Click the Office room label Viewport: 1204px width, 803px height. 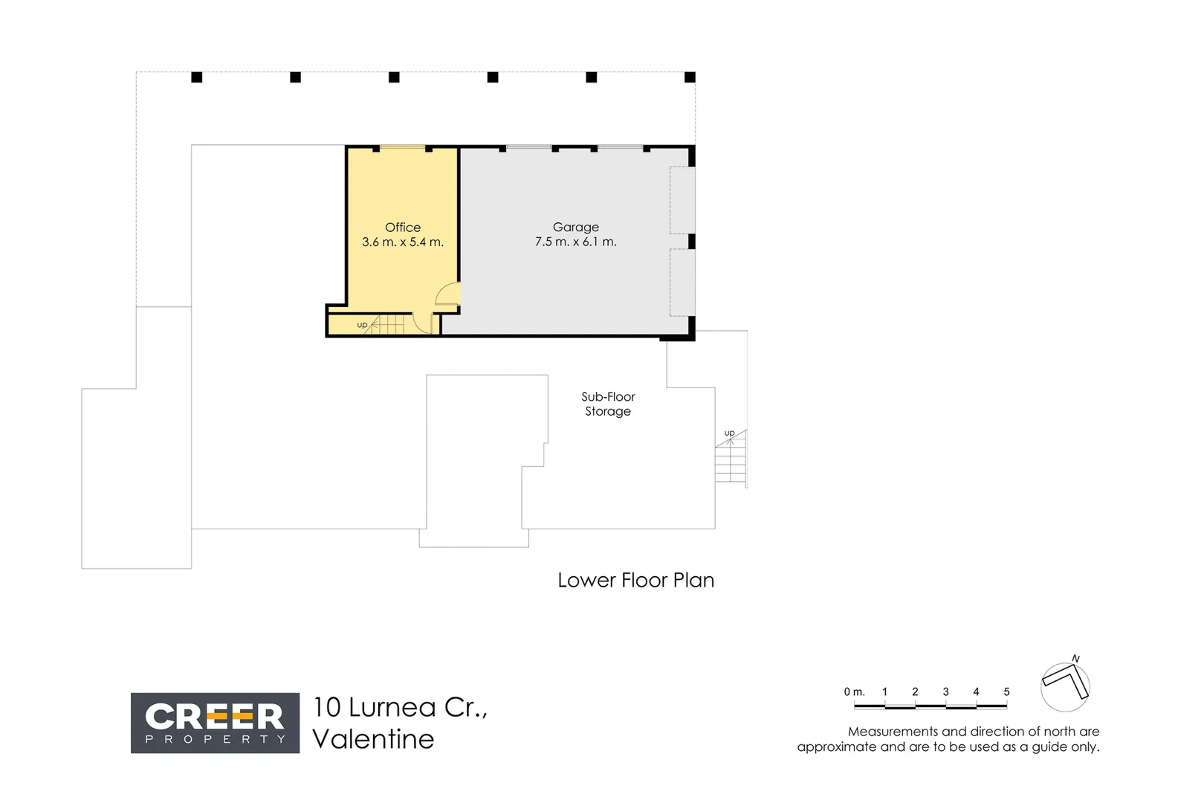tap(402, 228)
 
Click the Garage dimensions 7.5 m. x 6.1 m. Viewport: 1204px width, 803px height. tap(575, 242)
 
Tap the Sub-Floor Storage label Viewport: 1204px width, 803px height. tap(608, 404)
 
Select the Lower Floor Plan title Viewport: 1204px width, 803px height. tap(635, 580)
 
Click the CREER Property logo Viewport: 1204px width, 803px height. tap(215, 723)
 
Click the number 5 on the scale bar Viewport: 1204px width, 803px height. tap(1006, 691)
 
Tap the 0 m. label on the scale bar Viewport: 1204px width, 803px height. tap(854, 691)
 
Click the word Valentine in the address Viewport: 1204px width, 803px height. tap(373, 739)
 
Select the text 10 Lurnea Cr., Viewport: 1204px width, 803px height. tap(400, 707)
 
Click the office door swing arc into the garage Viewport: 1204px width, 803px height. tap(447, 295)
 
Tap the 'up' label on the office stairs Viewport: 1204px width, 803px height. tap(362, 325)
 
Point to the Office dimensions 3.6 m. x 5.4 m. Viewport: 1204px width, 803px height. tap(402, 242)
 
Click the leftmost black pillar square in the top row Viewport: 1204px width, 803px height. tap(197, 77)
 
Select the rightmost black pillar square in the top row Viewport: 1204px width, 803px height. tap(690, 77)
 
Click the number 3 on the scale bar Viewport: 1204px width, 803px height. tap(945, 691)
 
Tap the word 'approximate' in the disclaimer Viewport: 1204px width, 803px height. tap(837, 747)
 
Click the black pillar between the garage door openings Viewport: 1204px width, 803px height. tap(691, 242)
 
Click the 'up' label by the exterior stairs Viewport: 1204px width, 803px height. tap(729, 433)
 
